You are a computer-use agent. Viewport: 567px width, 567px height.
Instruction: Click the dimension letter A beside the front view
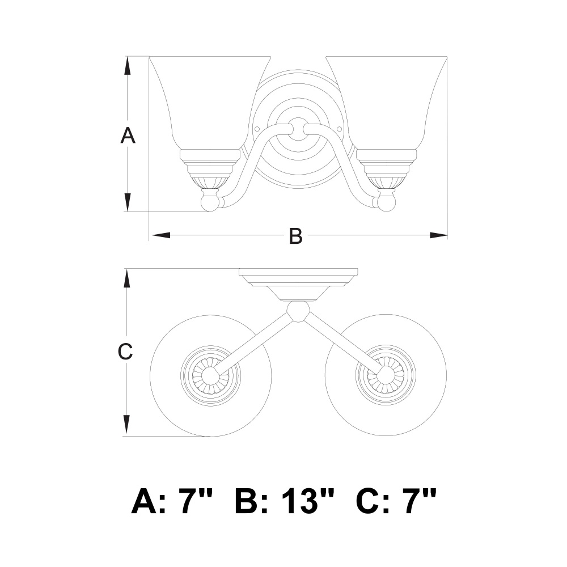(x=128, y=136)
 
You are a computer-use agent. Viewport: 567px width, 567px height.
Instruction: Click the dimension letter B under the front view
(x=295, y=236)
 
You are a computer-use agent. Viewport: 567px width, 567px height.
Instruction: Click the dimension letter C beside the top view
(x=125, y=352)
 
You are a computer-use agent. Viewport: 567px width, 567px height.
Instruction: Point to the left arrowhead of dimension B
(x=161, y=235)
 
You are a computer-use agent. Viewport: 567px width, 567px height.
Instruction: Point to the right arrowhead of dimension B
(x=438, y=235)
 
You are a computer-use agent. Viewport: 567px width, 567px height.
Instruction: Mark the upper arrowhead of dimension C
(x=126, y=279)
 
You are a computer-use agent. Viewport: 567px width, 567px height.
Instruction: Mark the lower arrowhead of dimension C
(x=126, y=425)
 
